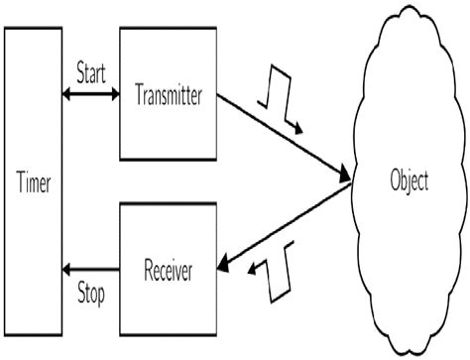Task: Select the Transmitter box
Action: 168,93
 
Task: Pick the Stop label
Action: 91,294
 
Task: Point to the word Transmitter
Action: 169,95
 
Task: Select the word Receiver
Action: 169,270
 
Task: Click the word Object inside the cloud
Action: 409,182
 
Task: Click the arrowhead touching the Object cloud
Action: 346,178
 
